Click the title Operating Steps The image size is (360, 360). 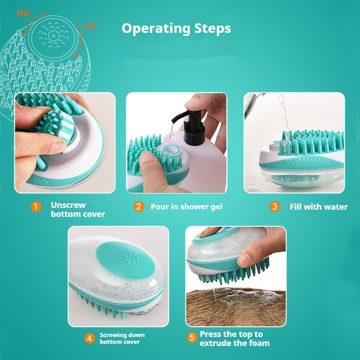pyautogui.click(x=176, y=28)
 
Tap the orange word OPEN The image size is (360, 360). pyautogui.click(x=23, y=13)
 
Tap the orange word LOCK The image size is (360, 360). pyautogui.click(x=90, y=26)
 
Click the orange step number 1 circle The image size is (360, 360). pyautogui.click(x=36, y=207)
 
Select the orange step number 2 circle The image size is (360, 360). pyautogui.click(x=139, y=207)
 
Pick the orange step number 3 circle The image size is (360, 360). pyautogui.click(x=275, y=207)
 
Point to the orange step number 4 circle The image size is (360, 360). pyautogui.click(x=90, y=338)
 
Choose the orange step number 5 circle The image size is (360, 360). pyautogui.click(x=192, y=337)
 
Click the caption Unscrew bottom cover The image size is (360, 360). pyautogui.click(x=77, y=209)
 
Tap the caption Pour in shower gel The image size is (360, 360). pyautogui.click(x=186, y=207)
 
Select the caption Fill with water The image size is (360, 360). pyautogui.click(x=319, y=207)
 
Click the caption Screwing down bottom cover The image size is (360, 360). pyautogui.click(x=122, y=338)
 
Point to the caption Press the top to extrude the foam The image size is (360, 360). pyautogui.click(x=234, y=338)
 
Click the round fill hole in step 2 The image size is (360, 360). pyautogui.click(x=171, y=149)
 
